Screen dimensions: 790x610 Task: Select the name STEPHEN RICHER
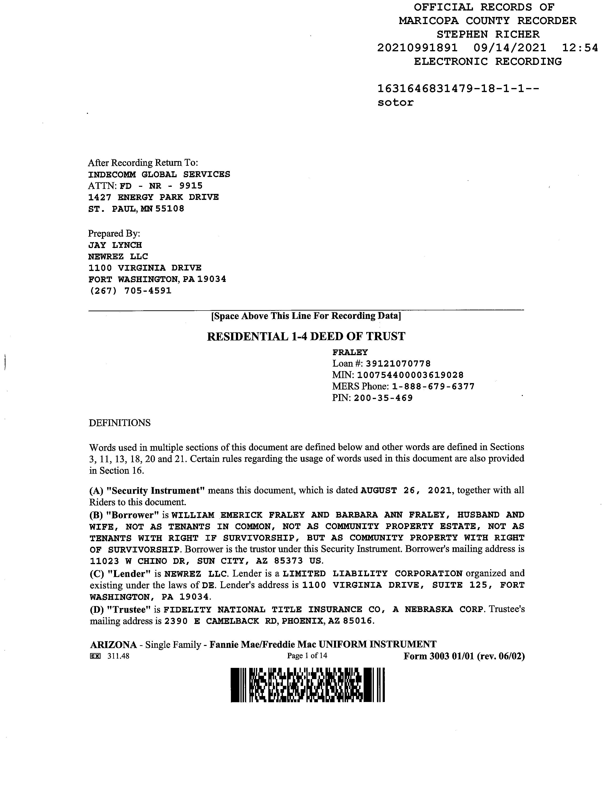coord(488,34)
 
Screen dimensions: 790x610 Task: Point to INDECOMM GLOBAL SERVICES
coord(159,174)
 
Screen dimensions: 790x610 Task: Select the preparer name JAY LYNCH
coord(115,245)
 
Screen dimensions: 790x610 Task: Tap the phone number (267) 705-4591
coord(130,291)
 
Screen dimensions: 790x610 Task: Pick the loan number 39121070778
coord(398,364)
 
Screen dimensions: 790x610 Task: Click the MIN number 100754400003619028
coord(410,375)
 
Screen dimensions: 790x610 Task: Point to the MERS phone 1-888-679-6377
coord(433,386)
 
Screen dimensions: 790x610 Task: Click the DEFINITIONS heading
coord(120,423)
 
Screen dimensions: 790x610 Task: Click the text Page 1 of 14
coord(307,655)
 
